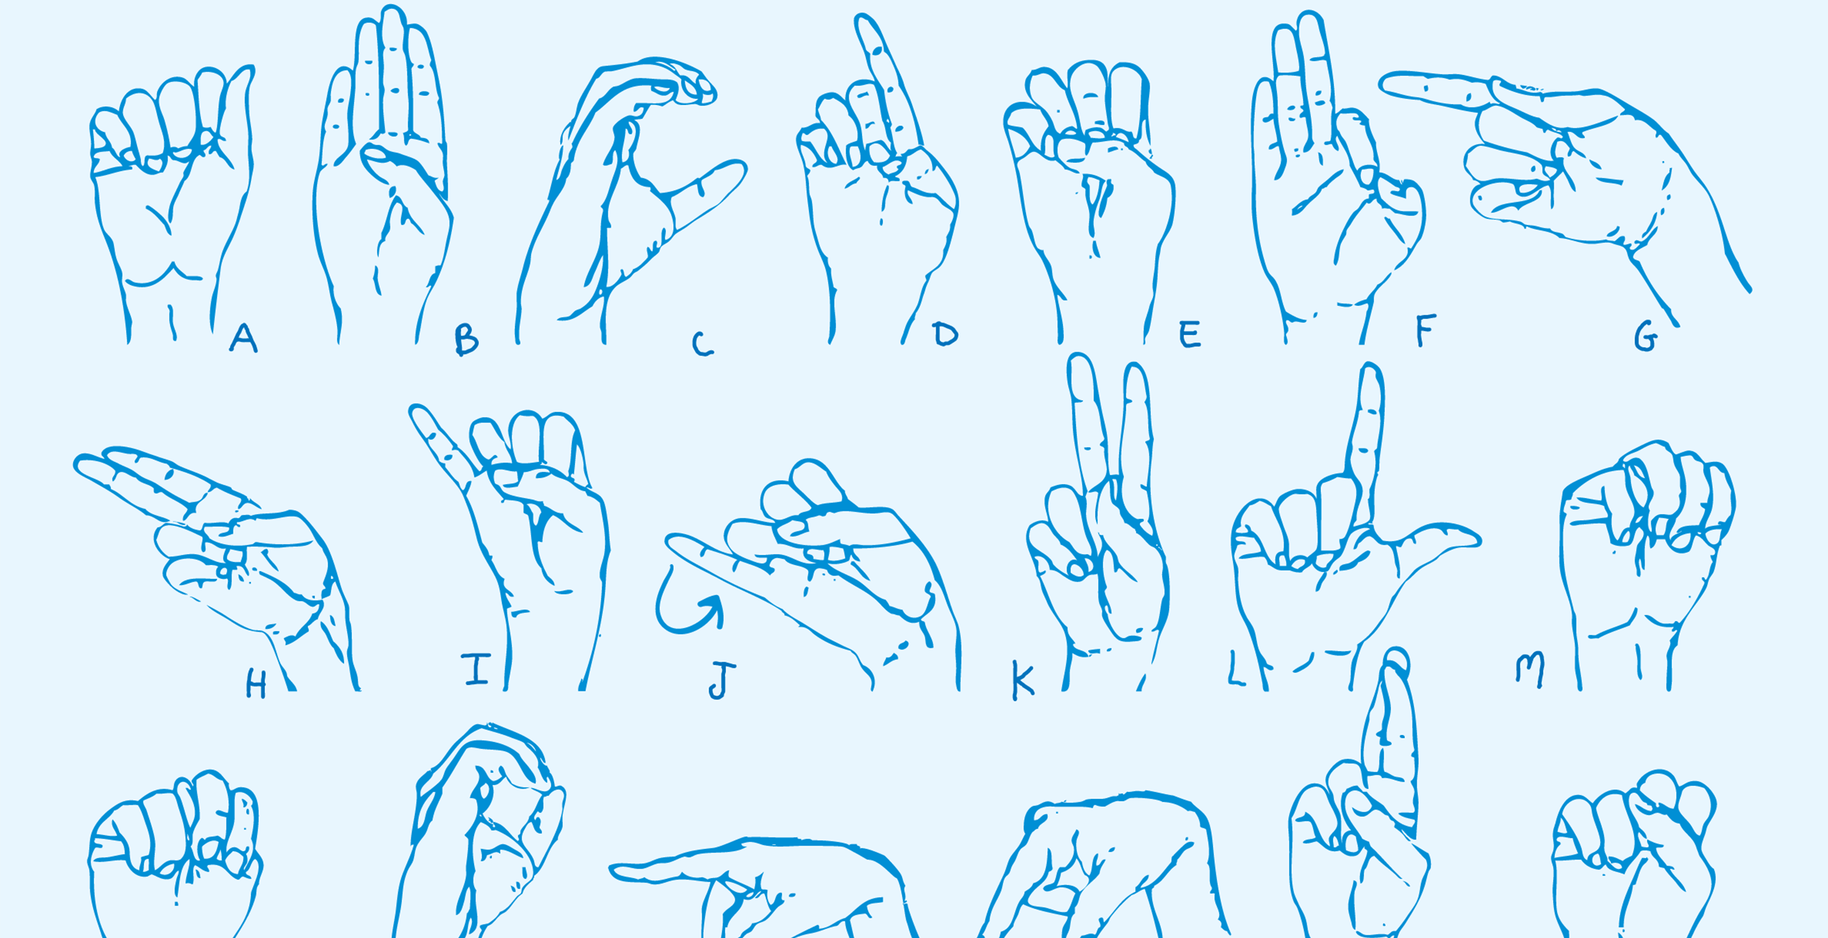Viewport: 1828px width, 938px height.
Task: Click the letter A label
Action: pos(243,338)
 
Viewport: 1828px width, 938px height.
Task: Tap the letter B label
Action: pos(466,339)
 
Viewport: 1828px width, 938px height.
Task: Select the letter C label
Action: pos(702,344)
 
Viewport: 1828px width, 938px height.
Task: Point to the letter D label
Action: pos(945,334)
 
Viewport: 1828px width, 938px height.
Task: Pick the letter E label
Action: pos(1190,334)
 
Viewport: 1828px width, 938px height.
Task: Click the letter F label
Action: pos(1426,330)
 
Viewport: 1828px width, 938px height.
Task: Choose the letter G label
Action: pos(1646,336)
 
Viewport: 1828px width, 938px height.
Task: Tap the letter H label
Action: pos(256,683)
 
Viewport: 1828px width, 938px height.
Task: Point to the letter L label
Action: pos(1235,669)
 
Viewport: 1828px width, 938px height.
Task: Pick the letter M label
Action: pos(1530,670)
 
